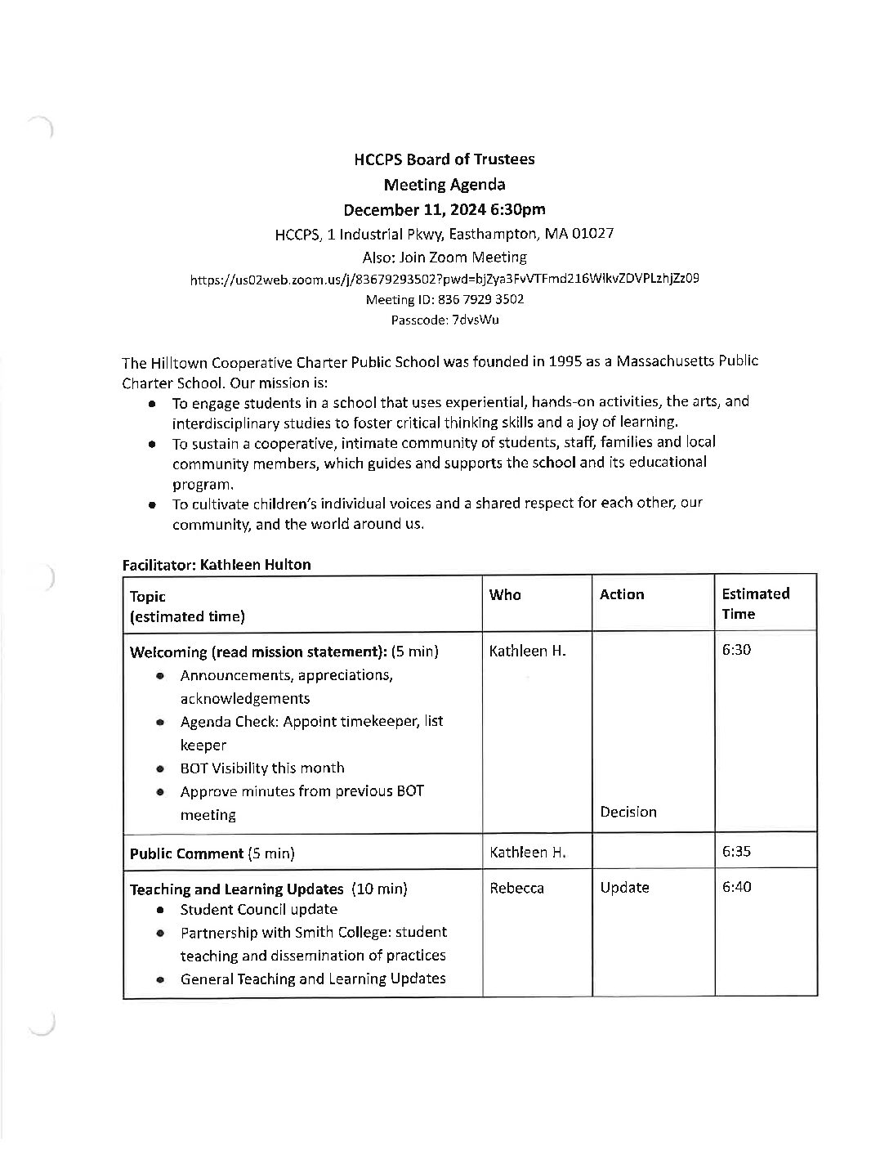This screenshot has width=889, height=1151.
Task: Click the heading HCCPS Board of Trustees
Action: coord(444,159)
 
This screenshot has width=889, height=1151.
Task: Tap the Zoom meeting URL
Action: coord(444,278)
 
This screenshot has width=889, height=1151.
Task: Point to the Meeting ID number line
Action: coord(444,299)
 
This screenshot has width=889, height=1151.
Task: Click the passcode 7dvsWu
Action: coord(475,320)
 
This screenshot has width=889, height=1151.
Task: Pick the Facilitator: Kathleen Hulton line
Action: coord(217,565)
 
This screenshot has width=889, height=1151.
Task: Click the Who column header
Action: coord(505,594)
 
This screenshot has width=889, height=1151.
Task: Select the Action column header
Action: coord(622,594)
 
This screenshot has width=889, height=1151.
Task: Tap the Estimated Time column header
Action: coord(756,603)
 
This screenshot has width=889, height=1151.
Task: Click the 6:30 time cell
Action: coord(737,650)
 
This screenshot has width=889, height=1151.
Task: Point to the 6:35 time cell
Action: coord(737,851)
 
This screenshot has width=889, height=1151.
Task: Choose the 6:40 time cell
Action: coord(737,887)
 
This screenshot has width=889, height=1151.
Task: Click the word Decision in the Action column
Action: coord(628,812)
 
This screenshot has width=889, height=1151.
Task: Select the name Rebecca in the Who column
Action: coord(516,888)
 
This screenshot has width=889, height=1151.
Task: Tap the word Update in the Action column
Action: coord(624,887)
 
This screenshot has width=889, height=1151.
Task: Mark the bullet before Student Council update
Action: coord(162,910)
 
